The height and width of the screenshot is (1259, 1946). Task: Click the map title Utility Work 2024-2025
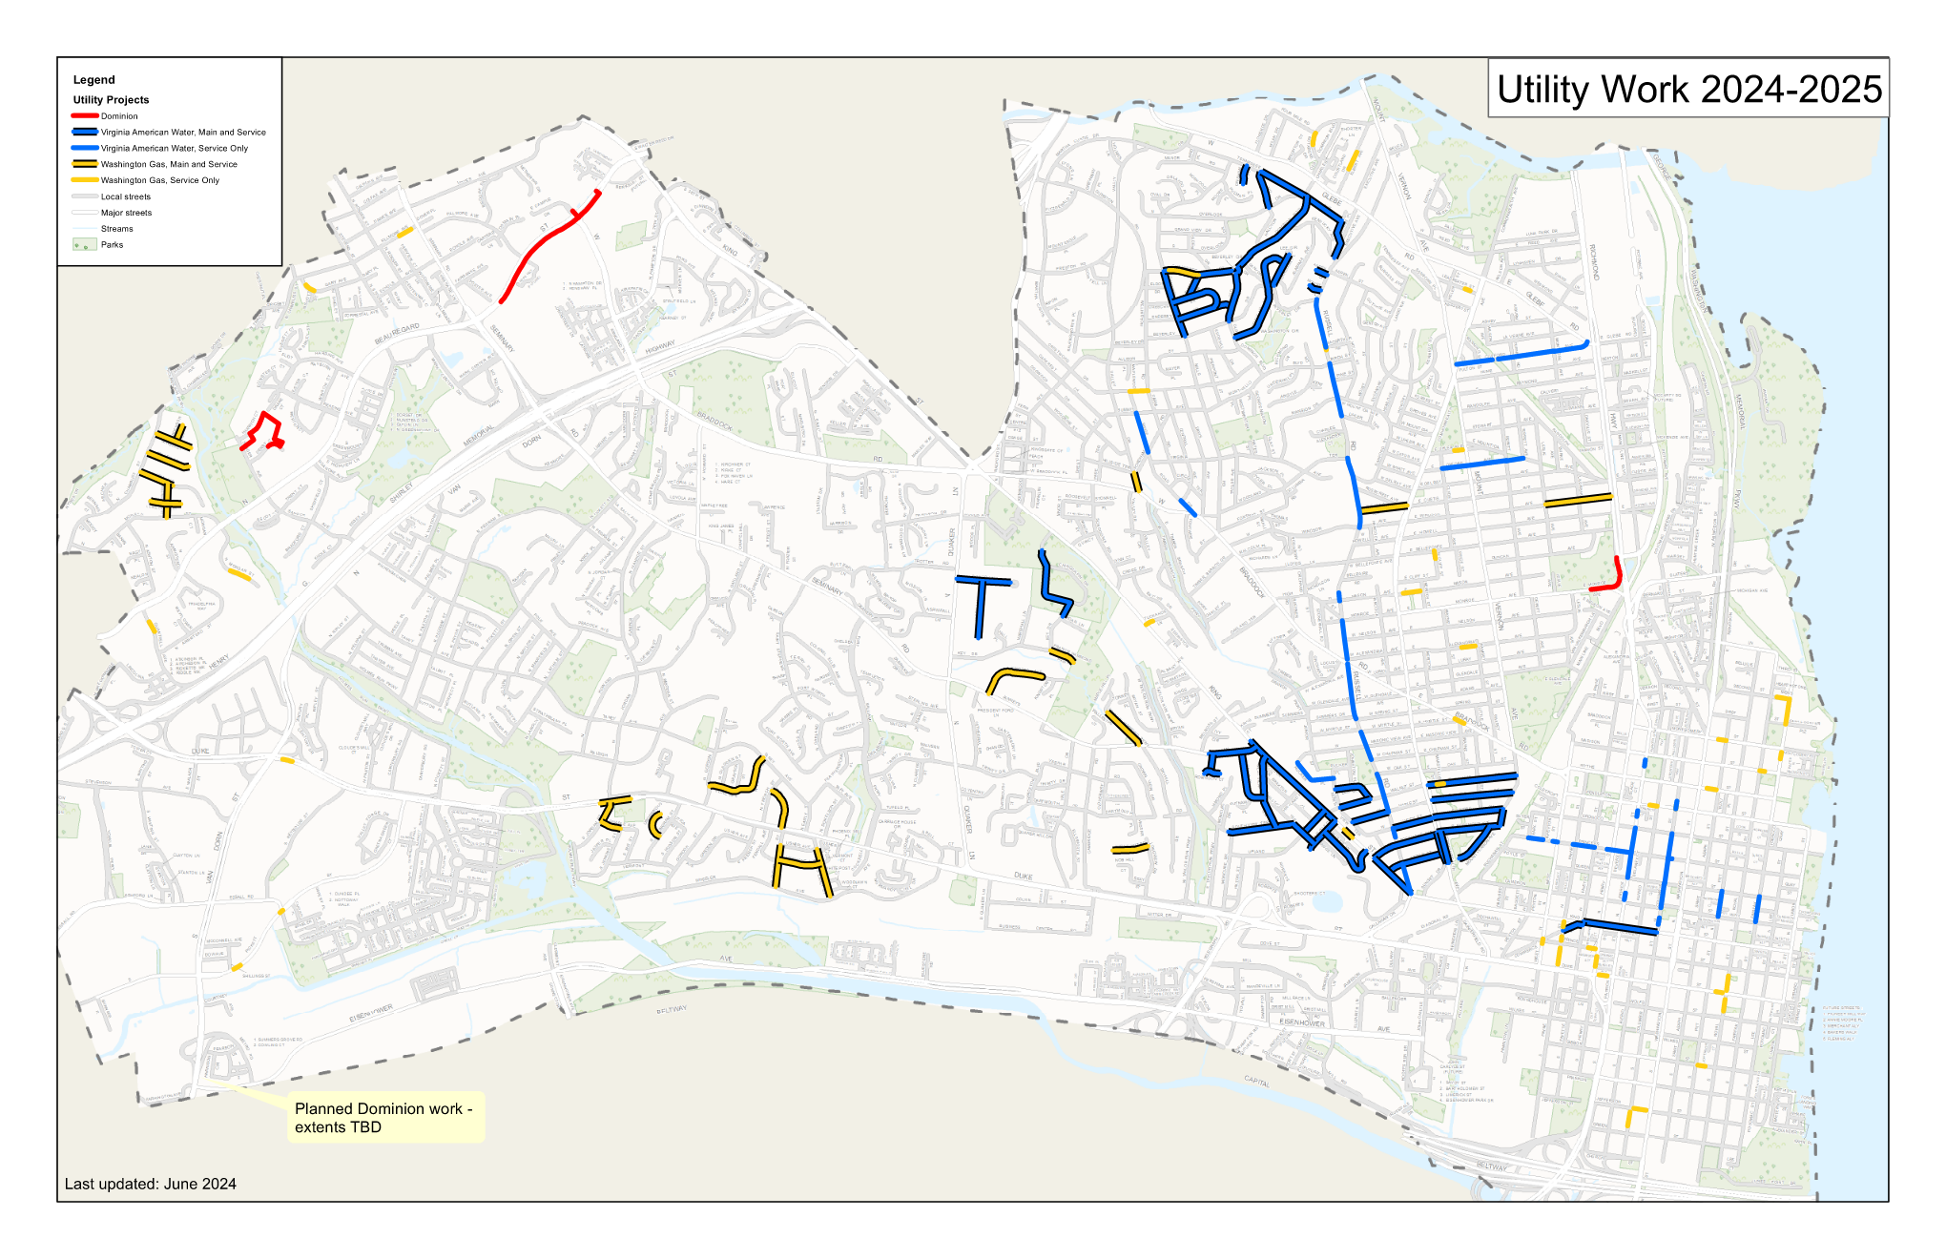point(1688,89)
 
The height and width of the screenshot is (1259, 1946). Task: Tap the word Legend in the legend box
point(93,80)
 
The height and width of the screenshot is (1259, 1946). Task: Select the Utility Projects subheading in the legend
point(111,100)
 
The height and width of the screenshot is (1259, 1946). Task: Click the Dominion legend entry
point(119,116)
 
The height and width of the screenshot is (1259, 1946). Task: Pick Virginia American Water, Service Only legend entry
point(175,149)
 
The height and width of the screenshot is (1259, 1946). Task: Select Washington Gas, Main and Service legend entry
point(169,165)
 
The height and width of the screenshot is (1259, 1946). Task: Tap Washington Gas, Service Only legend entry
point(160,180)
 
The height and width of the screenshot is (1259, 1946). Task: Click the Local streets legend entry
point(126,196)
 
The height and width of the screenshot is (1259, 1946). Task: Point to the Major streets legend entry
point(126,213)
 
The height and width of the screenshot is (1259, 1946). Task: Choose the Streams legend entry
point(117,229)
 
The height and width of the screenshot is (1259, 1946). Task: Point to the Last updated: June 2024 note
point(151,1184)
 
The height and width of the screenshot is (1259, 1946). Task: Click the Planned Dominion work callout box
point(385,1118)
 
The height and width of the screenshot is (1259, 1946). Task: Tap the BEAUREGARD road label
point(397,334)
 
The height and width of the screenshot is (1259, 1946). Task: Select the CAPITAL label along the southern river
point(1256,1081)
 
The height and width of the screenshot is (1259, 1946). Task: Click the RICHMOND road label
point(1594,261)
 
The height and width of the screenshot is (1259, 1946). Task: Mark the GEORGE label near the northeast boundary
point(1661,168)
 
